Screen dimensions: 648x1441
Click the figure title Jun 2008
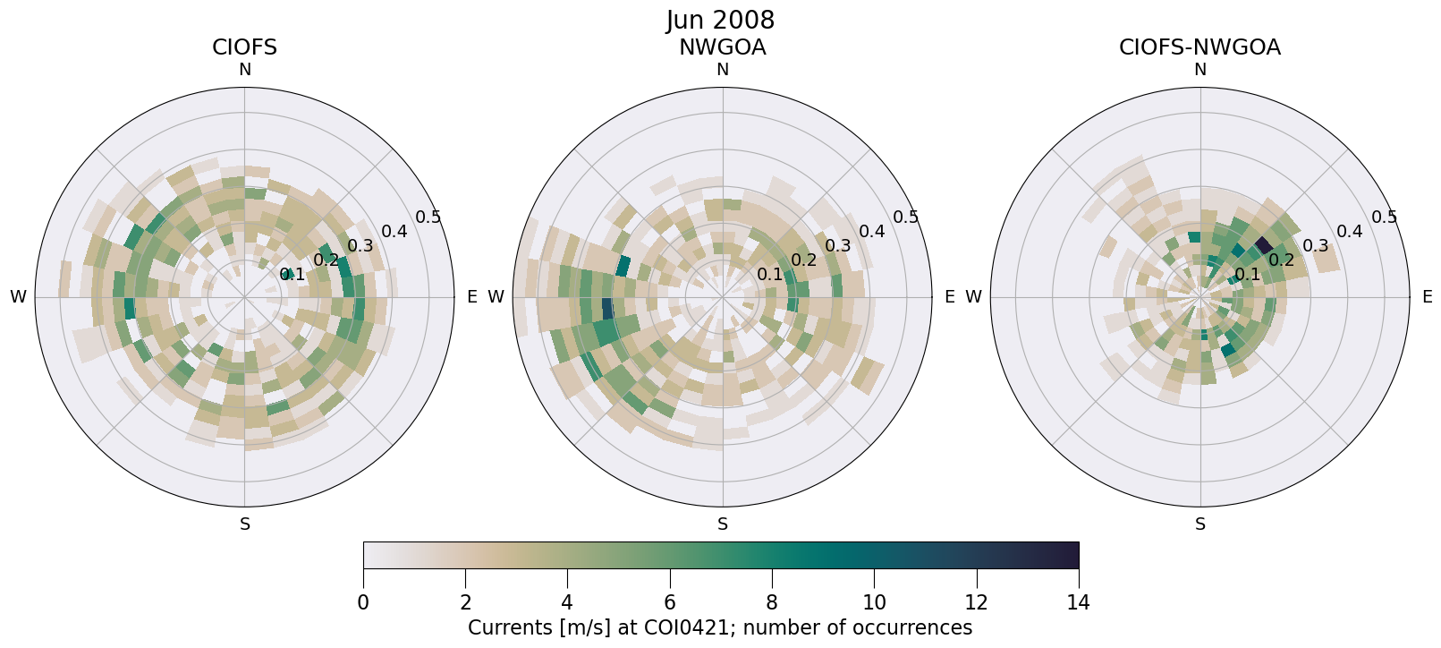point(720,20)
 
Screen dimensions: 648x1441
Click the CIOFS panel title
point(244,47)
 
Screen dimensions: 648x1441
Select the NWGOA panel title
point(722,47)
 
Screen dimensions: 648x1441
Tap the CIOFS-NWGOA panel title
point(1199,47)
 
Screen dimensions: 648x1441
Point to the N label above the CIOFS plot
point(244,70)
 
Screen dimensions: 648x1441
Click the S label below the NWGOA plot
point(723,524)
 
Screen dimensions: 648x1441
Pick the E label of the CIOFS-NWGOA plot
point(1428,297)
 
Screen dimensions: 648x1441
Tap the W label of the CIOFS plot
point(18,297)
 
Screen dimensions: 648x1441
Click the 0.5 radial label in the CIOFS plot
point(428,217)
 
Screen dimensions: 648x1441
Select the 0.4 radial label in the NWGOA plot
point(872,232)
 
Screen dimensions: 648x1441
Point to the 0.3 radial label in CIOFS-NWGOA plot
point(1316,246)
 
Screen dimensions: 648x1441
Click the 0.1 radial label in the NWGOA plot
point(770,275)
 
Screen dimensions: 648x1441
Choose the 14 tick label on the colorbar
point(1079,602)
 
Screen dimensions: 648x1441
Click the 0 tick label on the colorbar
point(363,602)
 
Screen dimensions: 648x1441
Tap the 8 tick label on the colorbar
point(772,602)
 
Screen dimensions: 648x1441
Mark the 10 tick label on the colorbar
point(874,602)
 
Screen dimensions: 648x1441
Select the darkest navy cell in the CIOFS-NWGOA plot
point(1263,244)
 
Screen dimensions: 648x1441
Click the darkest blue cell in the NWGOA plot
point(607,309)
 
